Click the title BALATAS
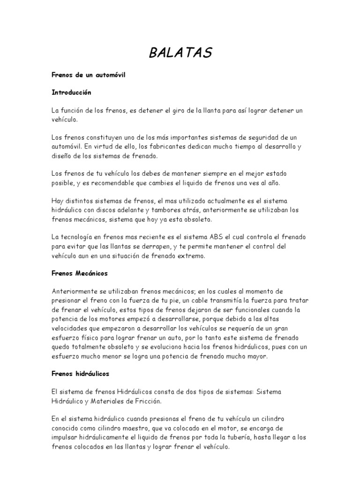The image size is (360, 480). coord(180,53)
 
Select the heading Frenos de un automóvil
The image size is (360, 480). coord(89,75)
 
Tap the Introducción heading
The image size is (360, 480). coord(71,93)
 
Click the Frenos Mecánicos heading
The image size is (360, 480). coord(80,273)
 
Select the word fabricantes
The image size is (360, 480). coord(158,147)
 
